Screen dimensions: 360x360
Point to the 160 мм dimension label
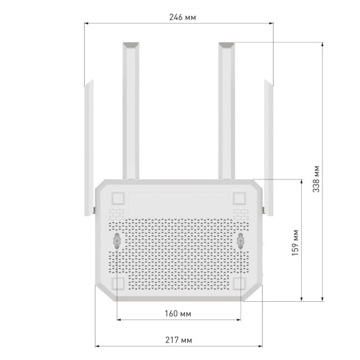point(178,314)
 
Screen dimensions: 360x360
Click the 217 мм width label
point(178,340)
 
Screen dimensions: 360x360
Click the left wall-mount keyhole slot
point(118,240)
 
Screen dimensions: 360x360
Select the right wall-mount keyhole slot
point(241,240)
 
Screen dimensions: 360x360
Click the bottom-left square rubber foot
point(118,283)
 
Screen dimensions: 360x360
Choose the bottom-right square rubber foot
point(240,283)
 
